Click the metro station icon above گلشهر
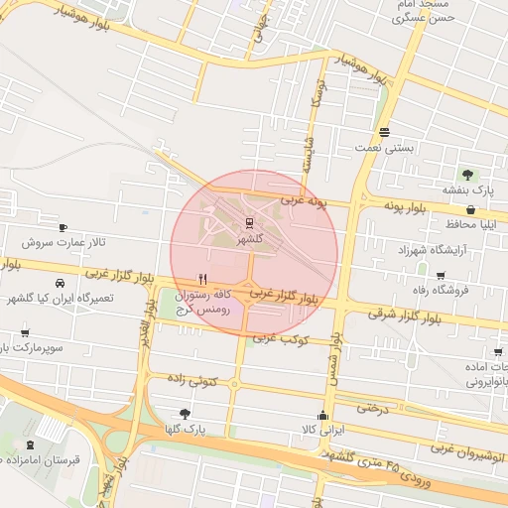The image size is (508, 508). pos(248,224)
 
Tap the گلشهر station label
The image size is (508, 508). pos(249,240)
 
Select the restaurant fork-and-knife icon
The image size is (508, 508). pos(203,279)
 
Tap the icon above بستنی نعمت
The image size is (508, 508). pos(384,132)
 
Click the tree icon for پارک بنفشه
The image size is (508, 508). pos(464,175)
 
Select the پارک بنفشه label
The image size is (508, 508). pos(467,190)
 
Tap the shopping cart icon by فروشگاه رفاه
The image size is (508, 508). pos(440,275)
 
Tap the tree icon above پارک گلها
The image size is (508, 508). pos(184,413)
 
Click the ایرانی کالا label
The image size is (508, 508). pos(321,430)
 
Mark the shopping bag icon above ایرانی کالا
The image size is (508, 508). pos(321,415)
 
